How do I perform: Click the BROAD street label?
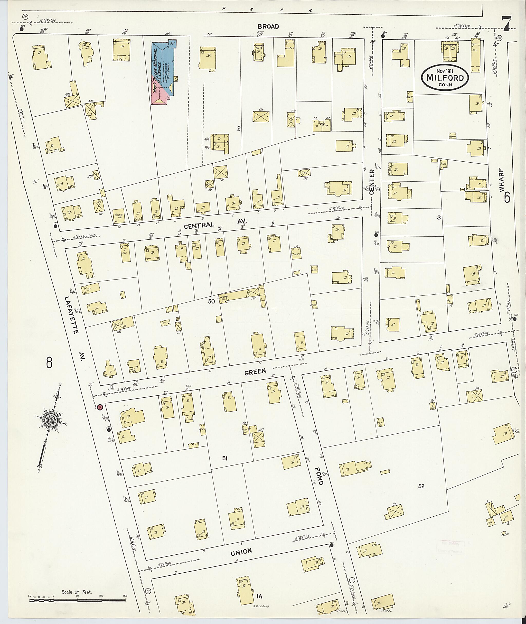pyautogui.click(x=268, y=26)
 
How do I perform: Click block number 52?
pyautogui.click(x=421, y=486)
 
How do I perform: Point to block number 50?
pyautogui.click(x=211, y=302)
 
